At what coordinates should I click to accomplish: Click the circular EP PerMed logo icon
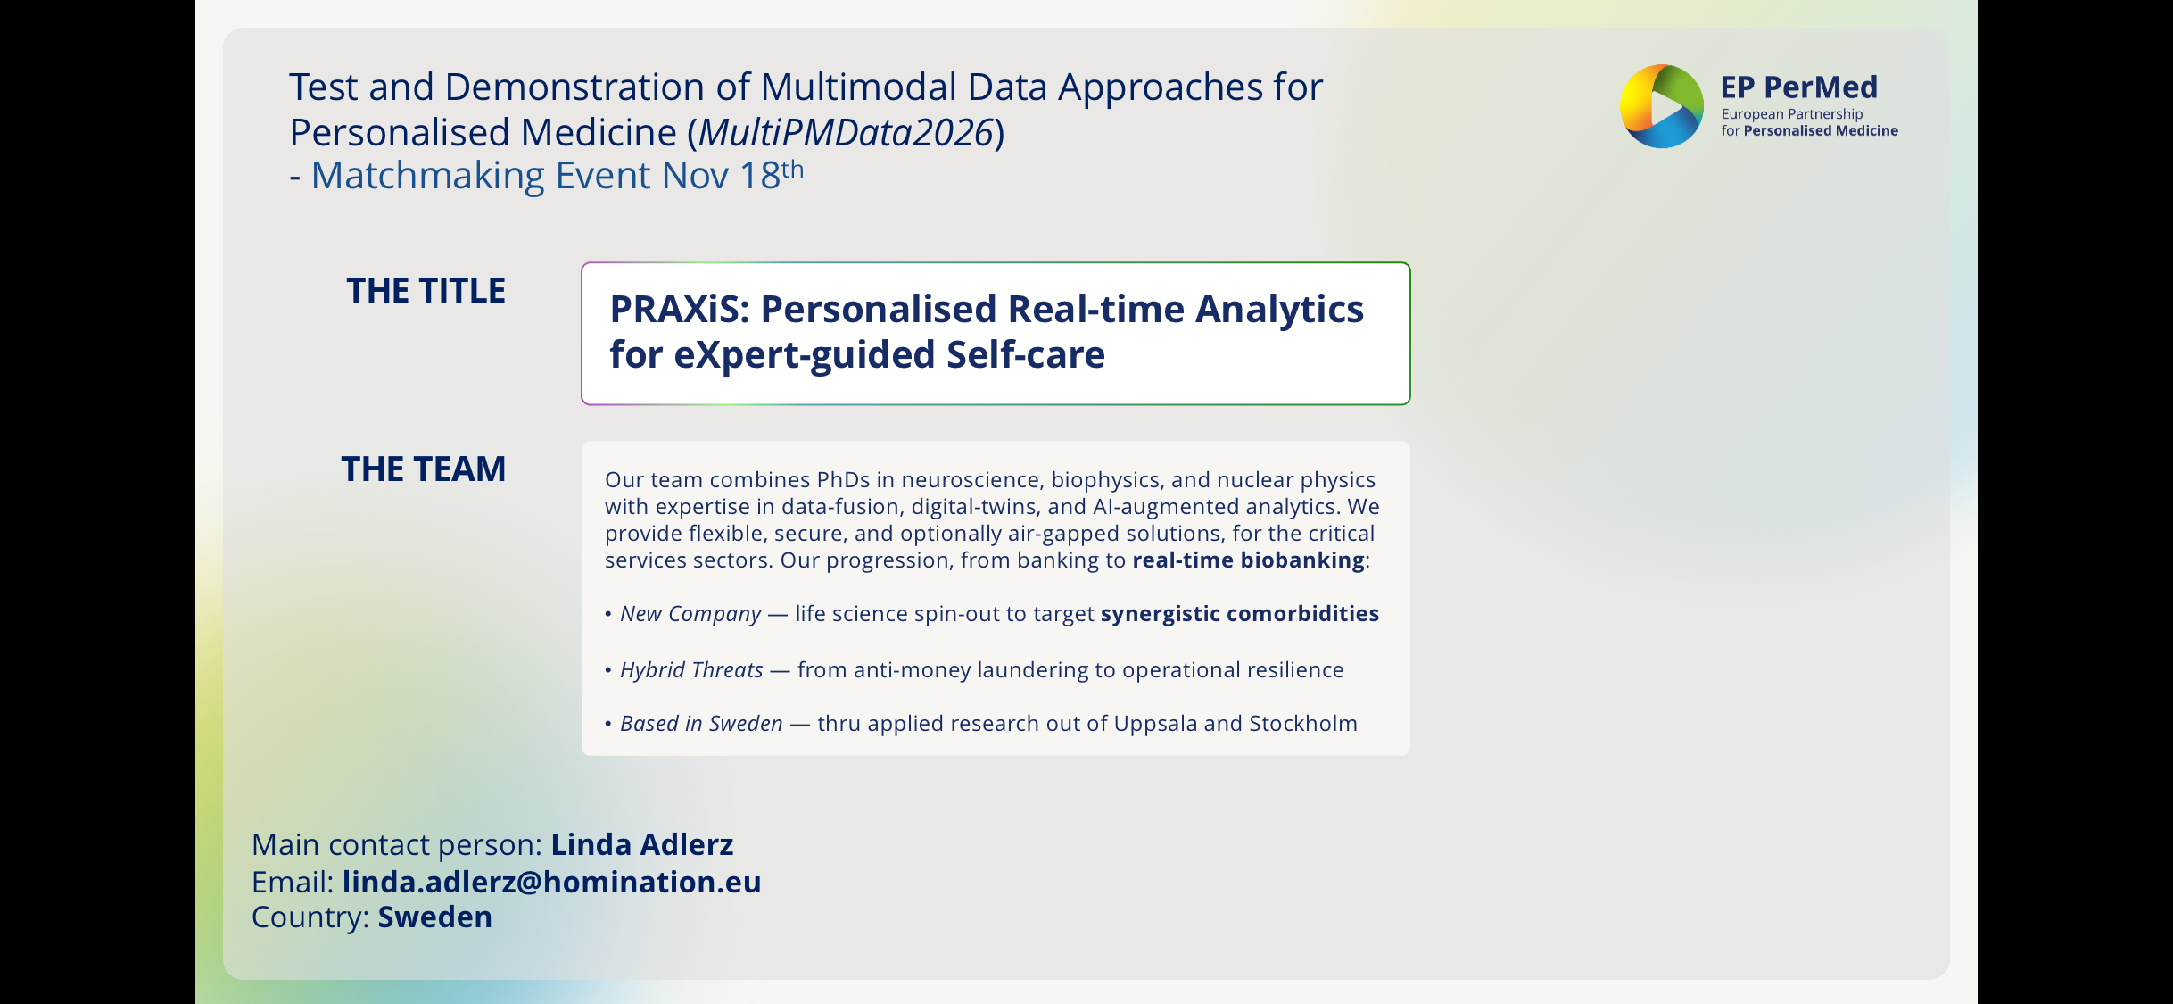(x=1662, y=106)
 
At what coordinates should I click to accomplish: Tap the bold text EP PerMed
(x=1798, y=87)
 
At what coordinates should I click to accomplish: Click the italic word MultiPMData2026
(x=846, y=133)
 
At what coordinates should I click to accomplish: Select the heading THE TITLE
(x=426, y=291)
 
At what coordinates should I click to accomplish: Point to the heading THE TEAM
(x=424, y=469)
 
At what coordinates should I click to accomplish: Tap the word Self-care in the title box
(x=1026, y=355)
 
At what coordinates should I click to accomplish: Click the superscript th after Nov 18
(x=793, y=168)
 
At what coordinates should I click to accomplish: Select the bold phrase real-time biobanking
(x=1249, y=560)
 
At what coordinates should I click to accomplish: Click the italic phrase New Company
(x=691, y=614)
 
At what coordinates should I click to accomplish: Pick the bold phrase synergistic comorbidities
(x=1240, y=614)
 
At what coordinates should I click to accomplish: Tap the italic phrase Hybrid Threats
(x=692, y=670)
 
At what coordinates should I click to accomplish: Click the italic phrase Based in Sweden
(x=702, y=724)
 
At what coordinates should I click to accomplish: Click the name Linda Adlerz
(x=642, y=844)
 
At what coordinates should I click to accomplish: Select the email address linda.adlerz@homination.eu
(x=552, y=882)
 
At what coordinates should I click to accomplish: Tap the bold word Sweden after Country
(x=435, y=917)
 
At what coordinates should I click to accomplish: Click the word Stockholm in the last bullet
(x=1303, y=724)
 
